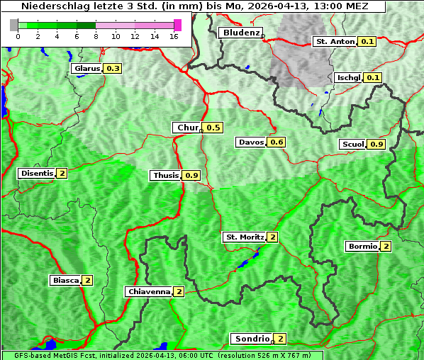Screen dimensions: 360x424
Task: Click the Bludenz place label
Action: [240, 33]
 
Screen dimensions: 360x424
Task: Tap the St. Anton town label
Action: [335, 42]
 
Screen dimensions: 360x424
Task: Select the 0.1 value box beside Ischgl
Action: [374, 77]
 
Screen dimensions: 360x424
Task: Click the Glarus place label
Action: [87, 69]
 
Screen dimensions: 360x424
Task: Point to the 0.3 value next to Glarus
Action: [113, 69]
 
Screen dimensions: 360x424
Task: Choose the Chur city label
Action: [187, 128]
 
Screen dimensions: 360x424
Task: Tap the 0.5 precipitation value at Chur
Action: [213, 128]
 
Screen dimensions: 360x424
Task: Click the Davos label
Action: [251, 142]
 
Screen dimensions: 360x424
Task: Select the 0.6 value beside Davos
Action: [277, 142]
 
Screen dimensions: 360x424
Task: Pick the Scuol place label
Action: [352, 145]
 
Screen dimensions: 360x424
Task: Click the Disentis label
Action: [37, 173]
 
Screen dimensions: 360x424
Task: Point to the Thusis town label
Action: [166, 175]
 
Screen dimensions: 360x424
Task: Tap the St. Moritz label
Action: [244, 237]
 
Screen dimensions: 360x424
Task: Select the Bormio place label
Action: [362, 247]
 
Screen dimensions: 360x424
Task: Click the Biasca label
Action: [66, 280]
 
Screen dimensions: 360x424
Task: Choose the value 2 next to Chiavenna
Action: [179, 291]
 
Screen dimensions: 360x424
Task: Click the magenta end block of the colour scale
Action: [177, 26]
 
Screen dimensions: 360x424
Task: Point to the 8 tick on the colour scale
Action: [96, 35]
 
